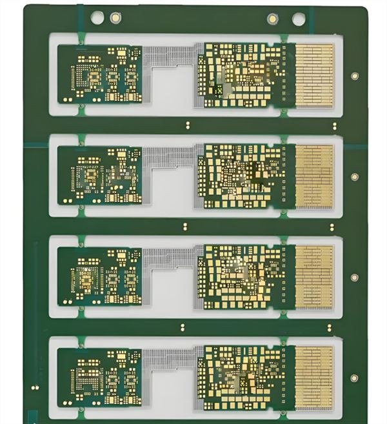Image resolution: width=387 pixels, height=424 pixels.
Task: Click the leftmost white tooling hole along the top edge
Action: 98,17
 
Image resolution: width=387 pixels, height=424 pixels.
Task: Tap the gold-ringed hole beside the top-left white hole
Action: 115,17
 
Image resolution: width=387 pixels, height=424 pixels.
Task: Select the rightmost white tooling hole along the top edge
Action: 298,19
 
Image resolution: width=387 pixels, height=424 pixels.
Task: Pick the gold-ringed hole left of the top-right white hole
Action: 273,19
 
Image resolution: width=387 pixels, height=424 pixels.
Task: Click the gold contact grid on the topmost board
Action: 314,74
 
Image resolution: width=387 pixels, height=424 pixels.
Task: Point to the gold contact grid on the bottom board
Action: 314,378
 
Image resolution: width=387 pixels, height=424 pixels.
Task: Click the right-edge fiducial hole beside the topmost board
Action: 354,76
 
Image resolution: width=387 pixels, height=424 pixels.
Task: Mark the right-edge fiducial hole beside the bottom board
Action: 354,378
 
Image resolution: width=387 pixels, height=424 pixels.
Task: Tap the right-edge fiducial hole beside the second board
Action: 354,176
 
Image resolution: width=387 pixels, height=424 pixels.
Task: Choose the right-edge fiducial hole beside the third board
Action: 354,277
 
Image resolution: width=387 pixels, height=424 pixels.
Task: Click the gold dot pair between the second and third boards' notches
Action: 185,226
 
